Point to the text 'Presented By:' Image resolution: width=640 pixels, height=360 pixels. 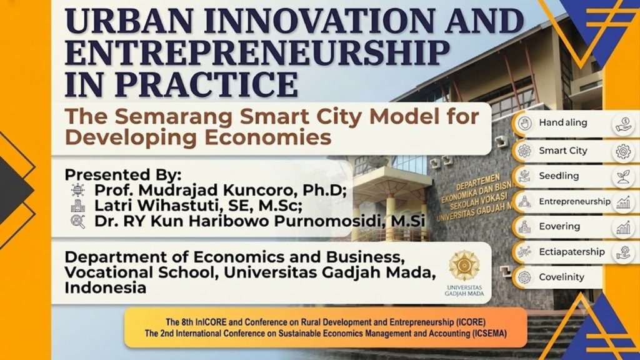coord(123,175)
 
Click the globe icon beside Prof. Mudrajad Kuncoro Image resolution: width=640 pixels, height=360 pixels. coord(77,190)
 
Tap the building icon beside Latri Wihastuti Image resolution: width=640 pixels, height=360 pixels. coord(77,206)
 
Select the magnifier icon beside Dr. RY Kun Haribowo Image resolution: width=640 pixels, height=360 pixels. coord(77,222)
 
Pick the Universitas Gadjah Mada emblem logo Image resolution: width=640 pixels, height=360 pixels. coord(464,266)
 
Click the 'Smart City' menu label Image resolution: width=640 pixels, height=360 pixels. coord(563,151)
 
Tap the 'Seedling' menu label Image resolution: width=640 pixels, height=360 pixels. coord(559,176)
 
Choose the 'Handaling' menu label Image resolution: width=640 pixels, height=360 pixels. coord(563,122)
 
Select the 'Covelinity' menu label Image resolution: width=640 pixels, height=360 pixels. coord(562,277)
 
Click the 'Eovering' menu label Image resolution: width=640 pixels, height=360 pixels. coord(559,226)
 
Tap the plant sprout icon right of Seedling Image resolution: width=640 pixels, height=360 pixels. coord(623,177)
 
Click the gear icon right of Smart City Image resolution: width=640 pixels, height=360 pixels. coord(623,152)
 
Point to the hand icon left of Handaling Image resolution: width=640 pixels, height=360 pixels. coord(524,123)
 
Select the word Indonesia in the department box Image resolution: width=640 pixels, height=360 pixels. coord(105,287)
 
